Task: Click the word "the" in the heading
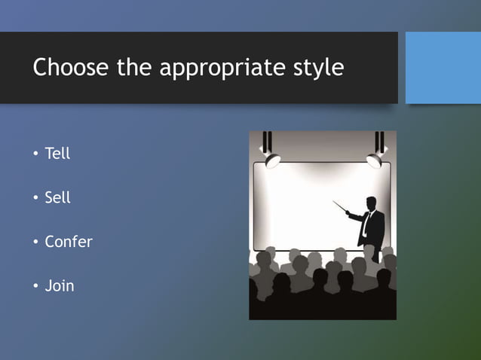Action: coord(133,68)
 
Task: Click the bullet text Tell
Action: coord(57,154)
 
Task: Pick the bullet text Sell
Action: coord(57,198)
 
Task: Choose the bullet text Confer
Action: coord(69,243)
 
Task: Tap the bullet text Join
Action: coord(60,286)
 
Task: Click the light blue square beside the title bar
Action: coord(443,68)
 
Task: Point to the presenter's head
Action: coord(371,203)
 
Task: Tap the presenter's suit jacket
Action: coord(375,230)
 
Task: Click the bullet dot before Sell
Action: coord(35,199)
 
